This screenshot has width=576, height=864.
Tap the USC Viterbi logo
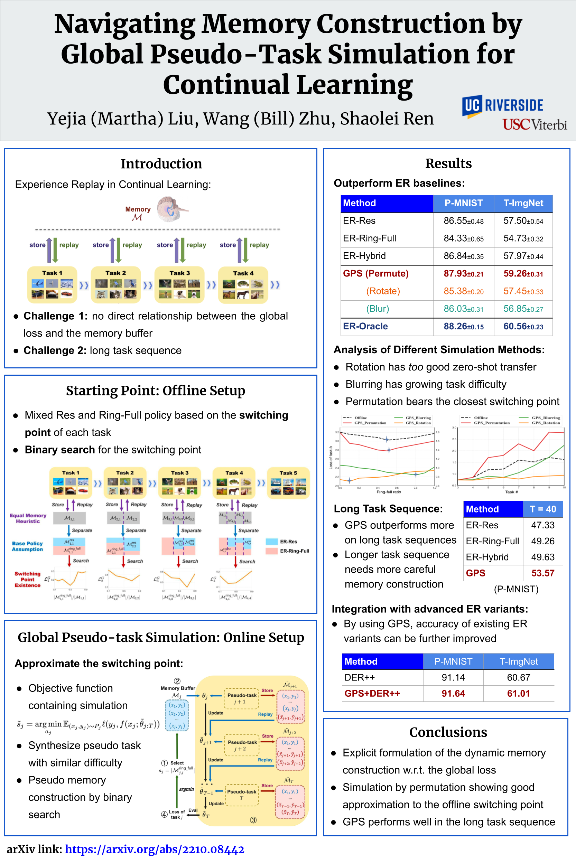click(x=535, y=125)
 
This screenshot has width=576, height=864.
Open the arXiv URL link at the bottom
click(x=154, y=849)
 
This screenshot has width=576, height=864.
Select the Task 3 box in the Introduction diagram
click(x=179, y=284)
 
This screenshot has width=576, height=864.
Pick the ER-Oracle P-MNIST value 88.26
click(x=463, y=327)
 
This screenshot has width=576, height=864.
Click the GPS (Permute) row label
click(x=375, y=274)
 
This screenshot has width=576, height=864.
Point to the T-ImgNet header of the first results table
click(x=523, y=204)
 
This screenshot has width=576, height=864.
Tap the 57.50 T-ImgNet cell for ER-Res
click(x=523, y=221)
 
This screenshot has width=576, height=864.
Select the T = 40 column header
click(x=542, y=509)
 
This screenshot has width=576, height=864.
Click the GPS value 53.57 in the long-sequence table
click(x=542, y=573)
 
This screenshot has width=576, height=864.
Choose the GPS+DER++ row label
click(x=372, y=694)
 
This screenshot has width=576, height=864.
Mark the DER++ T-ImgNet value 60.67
click(x=518, y=677)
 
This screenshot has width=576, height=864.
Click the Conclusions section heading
click(x=448, y=732)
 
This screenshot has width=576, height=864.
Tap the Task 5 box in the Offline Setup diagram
click(x=288, y=483)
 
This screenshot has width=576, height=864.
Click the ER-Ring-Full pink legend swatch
click(x=271, y=551)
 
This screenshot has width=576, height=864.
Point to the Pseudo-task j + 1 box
click(x=242, y=698)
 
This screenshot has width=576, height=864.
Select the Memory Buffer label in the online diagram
click(x=178, y=688)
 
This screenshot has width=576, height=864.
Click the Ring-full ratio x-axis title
click(x=389, y=492)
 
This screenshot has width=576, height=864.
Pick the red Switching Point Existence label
click(x=28, y=580)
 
